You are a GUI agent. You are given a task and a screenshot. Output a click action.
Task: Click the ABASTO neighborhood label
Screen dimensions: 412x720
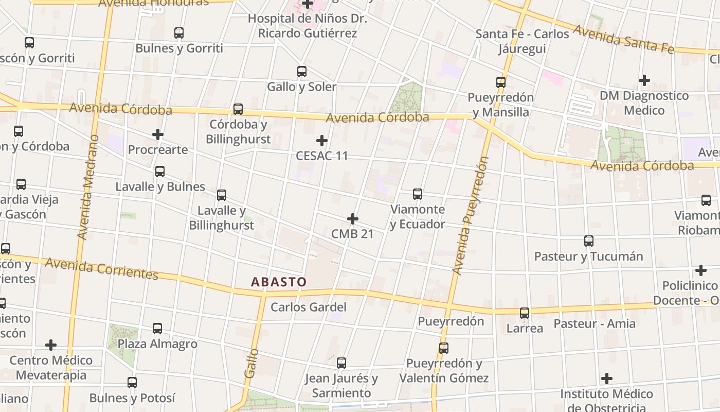click(279, 282)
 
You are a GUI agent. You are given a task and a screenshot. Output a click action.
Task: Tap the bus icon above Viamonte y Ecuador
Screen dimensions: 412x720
click(418, 194)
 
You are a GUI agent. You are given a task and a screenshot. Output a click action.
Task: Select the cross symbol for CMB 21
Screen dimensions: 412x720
click(352, 219)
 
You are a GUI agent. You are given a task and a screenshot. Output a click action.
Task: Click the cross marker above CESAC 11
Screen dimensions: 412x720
click(322, 141)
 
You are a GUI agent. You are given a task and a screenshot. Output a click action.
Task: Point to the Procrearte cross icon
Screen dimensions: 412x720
click(158, 135)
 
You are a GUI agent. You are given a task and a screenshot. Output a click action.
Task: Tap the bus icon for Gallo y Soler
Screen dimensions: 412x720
click(302, 72)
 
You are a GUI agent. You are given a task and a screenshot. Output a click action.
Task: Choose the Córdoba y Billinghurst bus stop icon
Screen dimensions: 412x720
click(238, 109)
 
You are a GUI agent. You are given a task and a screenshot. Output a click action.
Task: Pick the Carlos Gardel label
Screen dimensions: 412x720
click(309, 307)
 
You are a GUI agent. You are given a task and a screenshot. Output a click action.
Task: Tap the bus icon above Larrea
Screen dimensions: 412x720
click(525, 313)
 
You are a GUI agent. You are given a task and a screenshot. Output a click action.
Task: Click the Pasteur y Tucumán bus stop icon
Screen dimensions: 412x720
click(589, 241)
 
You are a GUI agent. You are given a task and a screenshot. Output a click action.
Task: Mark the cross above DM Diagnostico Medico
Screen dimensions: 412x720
click(644, 80)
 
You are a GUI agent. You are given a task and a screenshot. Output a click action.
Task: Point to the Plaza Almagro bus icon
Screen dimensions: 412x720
click(157, 329)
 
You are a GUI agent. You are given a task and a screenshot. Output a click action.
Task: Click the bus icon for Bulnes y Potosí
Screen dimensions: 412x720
click(132, 383)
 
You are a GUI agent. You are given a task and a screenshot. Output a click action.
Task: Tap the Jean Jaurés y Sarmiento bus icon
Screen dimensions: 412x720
click(341, 363)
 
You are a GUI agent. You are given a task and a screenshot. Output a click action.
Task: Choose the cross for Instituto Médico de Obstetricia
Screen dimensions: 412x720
click(607, 379)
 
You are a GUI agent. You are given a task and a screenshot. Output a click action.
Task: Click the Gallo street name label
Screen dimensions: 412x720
click(251, 363)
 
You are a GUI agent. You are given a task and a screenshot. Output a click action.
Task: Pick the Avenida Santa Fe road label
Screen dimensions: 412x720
click(623, 38)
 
